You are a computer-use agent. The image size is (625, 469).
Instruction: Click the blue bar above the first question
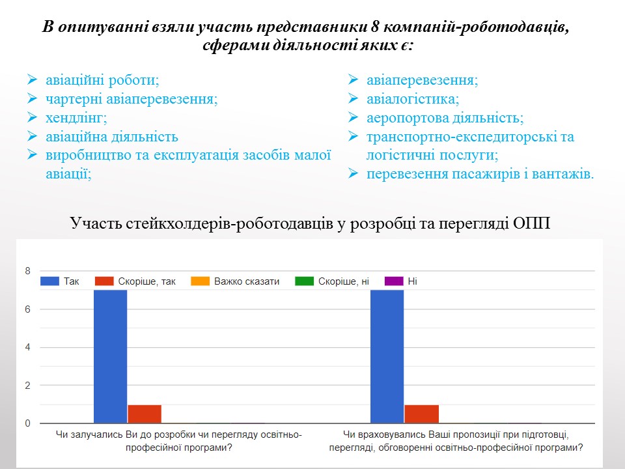[110, 356]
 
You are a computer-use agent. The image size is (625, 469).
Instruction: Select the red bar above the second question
[421, 414]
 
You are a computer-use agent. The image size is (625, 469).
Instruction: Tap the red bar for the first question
[145, 414]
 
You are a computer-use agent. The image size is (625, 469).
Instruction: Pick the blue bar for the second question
[387, 356]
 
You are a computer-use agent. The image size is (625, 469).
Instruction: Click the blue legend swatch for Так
[49, 281]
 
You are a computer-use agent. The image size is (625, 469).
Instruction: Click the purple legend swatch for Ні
[393, 281]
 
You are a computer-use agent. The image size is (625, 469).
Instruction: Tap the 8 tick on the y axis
[27, 271]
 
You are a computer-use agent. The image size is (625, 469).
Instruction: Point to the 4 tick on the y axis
[27, 347]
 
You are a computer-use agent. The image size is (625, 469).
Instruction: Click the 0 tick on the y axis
[27, 423]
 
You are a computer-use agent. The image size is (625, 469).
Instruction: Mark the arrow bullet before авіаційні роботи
[32, 81]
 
